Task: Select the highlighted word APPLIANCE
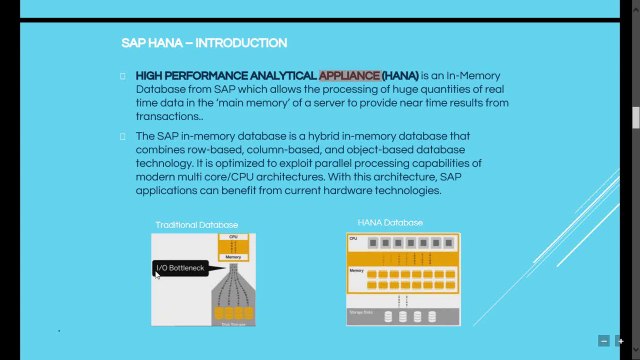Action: click(349, 75)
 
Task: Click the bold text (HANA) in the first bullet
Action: click(400, 75)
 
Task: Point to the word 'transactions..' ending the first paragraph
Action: click(166, 115)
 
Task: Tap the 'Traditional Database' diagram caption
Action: click(196, 225)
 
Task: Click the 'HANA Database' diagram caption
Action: click(390, 222)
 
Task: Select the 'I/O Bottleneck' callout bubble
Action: click(182, 268)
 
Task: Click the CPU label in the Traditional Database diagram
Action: click(232, 237)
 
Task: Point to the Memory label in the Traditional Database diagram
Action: click(232, 257)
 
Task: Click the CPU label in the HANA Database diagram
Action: click(353, 240)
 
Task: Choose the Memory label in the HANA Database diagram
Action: click(356, 270)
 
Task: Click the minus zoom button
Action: click(603, 341)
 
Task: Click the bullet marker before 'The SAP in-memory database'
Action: click(120, 136)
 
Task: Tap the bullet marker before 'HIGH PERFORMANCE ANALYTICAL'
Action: click(120, 76)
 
